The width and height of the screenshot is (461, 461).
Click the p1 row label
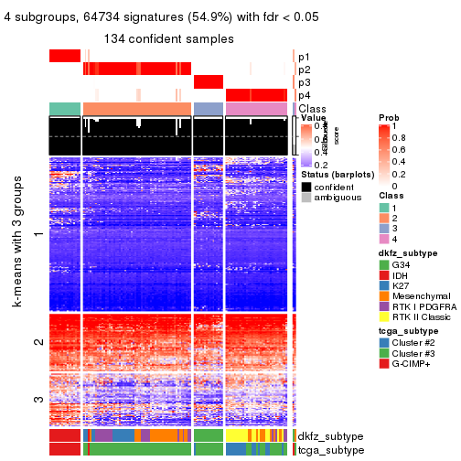tap(305, 57)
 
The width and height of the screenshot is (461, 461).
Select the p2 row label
tap(305, 70)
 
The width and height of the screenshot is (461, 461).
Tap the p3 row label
tap(305, 82)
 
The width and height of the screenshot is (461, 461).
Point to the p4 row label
tap(305, 95)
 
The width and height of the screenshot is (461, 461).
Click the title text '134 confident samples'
tap(169, 38)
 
